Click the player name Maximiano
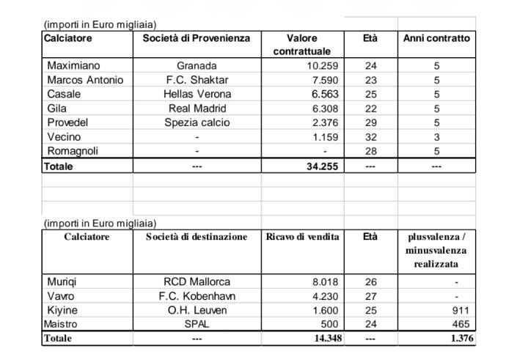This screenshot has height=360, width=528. click(x=73, y=65)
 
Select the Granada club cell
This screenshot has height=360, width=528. click(x=197, y=65)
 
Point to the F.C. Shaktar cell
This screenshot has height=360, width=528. click(x=197, y=80)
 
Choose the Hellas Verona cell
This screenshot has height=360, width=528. click(x=197, y=94)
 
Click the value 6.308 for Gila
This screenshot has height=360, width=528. click(x=322, y=109)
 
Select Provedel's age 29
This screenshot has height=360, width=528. click(x=370, y=122)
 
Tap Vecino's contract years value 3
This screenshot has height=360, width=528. click(x=436, y=137)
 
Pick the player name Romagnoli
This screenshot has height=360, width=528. click(x=73, y=151)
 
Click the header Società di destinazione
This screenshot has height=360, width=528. click(x=197, y=237)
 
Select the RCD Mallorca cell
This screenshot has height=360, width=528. click(x=197, y=282)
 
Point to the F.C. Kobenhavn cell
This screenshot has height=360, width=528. click(x=197, y=296)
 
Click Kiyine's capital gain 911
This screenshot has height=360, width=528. click(x=461, y=310)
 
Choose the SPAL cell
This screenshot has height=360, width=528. click(x=197, y=324)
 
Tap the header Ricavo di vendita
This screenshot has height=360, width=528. click(x=302, y=237)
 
